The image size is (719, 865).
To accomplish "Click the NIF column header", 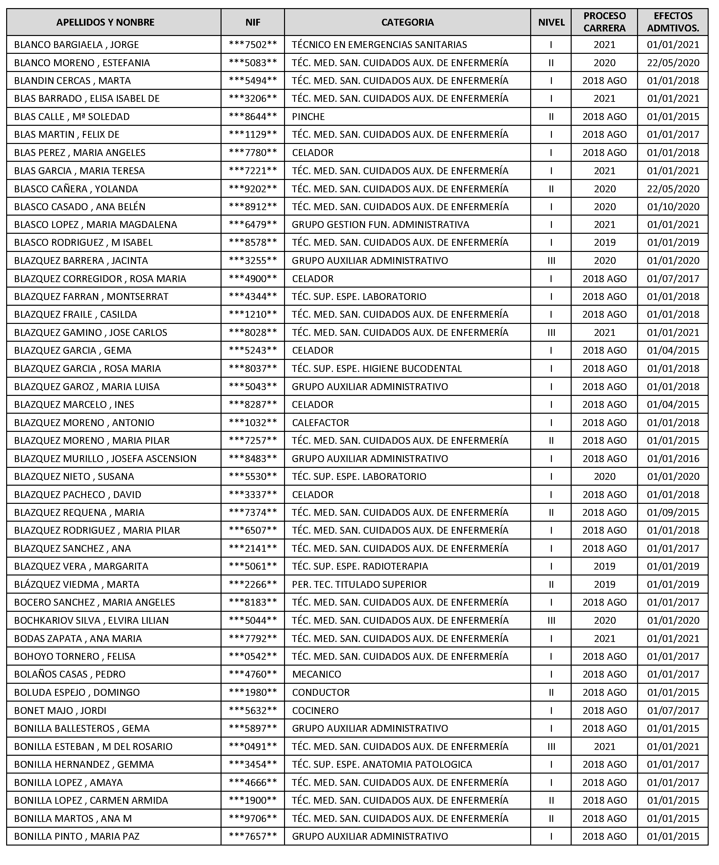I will [x=253, y=22].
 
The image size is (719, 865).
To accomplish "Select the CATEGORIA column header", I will [x=407, y=22].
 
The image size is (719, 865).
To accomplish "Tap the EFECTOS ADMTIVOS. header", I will [x=672, y=22].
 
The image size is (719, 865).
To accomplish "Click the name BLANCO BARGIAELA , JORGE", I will [x=76, y=44].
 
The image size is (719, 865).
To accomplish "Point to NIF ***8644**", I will [x=253, y=117].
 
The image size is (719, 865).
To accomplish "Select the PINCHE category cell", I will [x=308, y=117].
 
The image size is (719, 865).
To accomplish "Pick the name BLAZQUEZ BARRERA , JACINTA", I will [x=81, y=260].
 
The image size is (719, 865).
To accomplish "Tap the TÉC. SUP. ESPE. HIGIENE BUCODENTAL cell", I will [x=377, y=368].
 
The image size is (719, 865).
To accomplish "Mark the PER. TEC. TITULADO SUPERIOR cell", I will [x=359, y=584].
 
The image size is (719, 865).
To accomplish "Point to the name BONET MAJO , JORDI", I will [x=60, y=710].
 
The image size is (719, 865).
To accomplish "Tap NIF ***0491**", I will [x=253, y=746].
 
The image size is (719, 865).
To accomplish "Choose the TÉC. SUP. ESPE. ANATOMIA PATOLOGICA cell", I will [x=382, y=764].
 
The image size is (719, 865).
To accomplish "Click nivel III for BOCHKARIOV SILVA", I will [x=551, y=620].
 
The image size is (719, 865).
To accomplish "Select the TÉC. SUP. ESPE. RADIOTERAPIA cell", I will [x=360, y=566].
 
